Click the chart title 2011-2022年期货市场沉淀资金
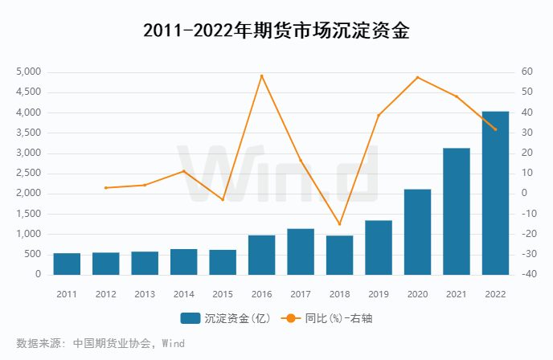[276, 31]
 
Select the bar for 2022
[495, 193]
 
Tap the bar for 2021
[457, 211]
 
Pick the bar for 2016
[262, 255]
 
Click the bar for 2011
[67, 264]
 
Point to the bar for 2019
[379, 247]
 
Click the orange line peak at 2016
[262, 76]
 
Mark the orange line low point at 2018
[339, 224]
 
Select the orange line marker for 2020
[417, 77]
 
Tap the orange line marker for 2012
[106, 188]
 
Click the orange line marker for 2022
[495, 129]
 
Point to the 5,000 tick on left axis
[28, 72]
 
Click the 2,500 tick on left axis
[28, 174]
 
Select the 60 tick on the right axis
[526, 72]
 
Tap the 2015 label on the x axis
[223, 293]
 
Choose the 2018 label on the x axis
[339, 293]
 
